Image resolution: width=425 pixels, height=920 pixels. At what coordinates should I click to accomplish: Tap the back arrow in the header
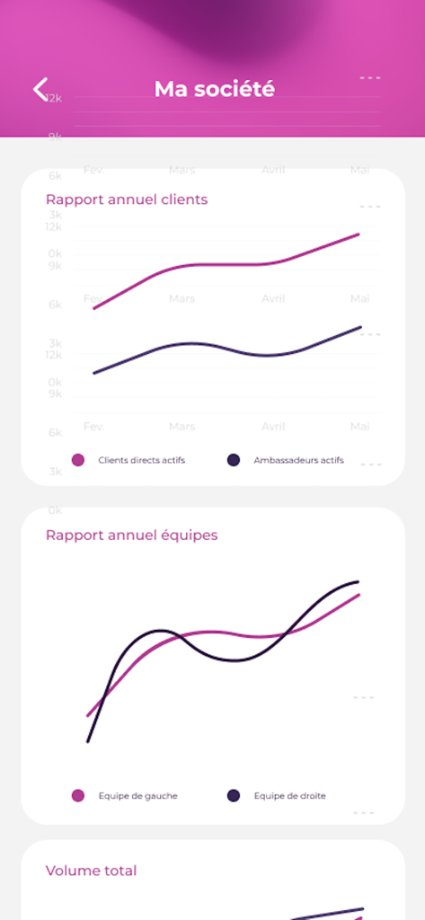[40, 88]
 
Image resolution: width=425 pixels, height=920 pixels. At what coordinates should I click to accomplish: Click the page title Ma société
[214, 89]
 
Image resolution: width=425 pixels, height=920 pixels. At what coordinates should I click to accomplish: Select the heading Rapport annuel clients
[127, 199]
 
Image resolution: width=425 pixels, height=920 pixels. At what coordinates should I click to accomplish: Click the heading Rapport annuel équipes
[131, 535]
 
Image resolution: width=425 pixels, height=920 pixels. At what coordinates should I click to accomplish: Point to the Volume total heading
[91, 871]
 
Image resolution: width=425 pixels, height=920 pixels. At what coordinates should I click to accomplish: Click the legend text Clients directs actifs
[141, 460]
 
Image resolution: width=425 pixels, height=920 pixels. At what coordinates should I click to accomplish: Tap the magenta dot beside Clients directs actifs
[78, 460]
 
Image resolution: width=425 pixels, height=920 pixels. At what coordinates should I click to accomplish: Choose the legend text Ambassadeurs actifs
[298, 460]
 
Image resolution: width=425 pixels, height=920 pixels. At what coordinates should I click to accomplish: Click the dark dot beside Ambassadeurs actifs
[234, 460]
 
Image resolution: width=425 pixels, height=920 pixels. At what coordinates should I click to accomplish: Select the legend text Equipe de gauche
[137, 796]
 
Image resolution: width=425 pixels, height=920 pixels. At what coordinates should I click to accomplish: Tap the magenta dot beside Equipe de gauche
[78, 796]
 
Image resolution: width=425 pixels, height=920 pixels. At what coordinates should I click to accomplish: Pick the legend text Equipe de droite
[289, 796]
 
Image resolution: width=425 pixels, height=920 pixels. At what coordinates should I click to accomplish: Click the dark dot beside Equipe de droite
[234, 796]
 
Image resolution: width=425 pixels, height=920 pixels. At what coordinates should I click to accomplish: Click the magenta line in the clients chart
[225, 265]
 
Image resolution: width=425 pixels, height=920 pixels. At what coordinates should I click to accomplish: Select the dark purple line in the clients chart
[225, 348]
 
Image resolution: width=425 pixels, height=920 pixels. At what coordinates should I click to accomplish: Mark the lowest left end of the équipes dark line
[88, 740]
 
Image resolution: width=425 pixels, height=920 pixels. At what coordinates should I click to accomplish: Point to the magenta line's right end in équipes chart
[358, 595]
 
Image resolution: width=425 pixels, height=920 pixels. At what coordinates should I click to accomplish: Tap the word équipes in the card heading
[188, 535]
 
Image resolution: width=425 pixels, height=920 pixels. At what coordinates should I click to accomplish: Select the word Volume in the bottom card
[72, 871]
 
